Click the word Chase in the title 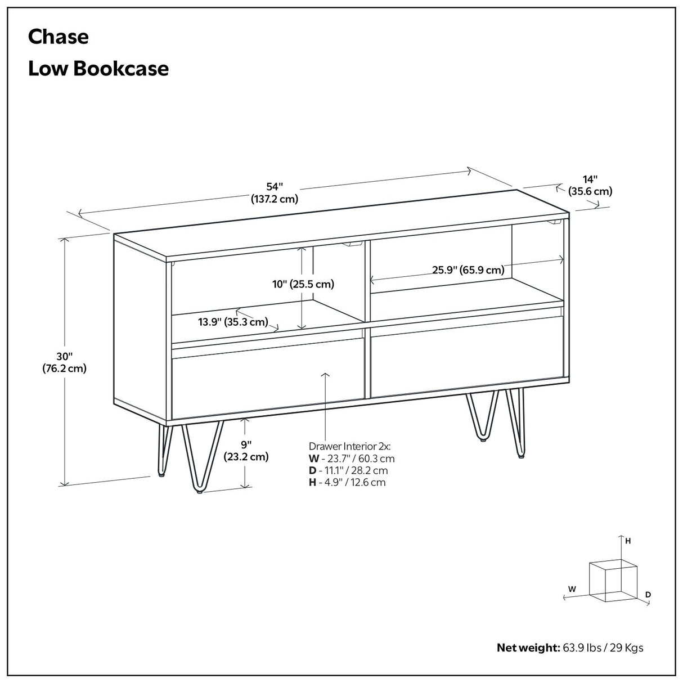point(58,37)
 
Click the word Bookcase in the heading point(121,69)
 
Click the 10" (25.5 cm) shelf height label point(303,284)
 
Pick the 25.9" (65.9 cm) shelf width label point(468,270)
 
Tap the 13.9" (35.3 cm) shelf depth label point(232,322)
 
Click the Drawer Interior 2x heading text point(349,446)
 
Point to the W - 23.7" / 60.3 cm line point(351,459)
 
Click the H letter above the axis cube point(628,541)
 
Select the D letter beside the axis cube point(648,594)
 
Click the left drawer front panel point(264,383)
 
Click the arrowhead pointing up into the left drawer point(325,374)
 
